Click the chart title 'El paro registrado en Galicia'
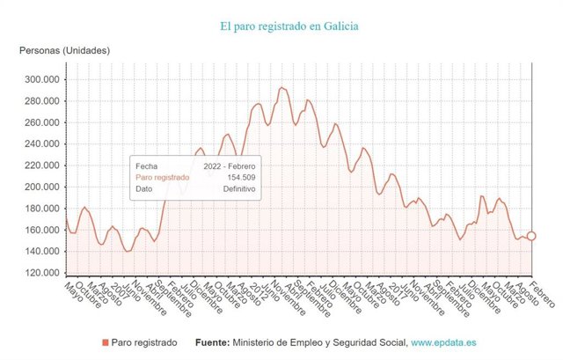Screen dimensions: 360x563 tap(290, 26)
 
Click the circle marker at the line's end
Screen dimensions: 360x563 tap(530, 236)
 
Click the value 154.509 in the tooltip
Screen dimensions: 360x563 tap(238, 176)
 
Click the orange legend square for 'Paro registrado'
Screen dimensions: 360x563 tap(106, 342)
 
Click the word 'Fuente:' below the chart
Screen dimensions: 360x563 tap(211, 342)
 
